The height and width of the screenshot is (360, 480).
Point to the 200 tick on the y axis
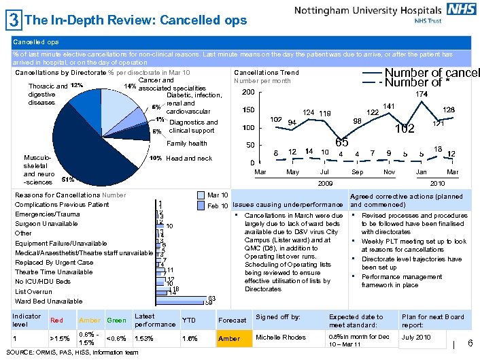pos(248,93)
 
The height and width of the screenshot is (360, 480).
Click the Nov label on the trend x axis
pos(388,172)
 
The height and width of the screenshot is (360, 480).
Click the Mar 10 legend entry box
pos(201,195)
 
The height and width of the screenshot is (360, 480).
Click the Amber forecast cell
pos(229,338)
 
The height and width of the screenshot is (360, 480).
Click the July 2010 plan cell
pos(416,338)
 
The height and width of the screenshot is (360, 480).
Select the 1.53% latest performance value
pos(143,338)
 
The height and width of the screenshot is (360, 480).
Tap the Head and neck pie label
pos(189,158)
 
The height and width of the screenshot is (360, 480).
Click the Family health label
pos(186,144)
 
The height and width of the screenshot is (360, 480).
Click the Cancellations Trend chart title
pos(266,72)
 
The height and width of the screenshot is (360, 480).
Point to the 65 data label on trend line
pos(342,142)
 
